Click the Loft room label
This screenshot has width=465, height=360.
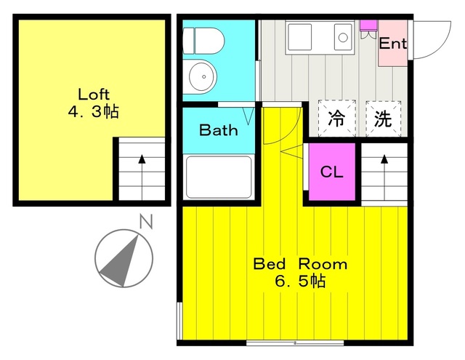pyautogui.click(x=94, y=94)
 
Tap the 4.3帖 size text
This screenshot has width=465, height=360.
pyautogui.click(x=94, y=111)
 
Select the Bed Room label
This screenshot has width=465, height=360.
pyautogui.click(x=300, y=264)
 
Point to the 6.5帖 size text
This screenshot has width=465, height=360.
pyautogui.click(x=300, y=281)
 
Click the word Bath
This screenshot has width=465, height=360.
pyautogui.click(x=219, y=130)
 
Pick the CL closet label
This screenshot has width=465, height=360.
pyautogui.click(x=332, y=172)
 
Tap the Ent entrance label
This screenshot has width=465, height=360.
pyautogui.click(x=392, y=44)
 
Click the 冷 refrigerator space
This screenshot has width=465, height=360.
pyautogui.click(x=337, y=119)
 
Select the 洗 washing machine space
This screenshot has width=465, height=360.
pyautogui.click(x=383, y=119)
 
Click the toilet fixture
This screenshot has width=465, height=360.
pyautogui.click(x=203, y=41)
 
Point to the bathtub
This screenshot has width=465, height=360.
pyautogui.click(x=219, y=177)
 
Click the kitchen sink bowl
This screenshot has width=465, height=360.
pyautogui.click(x=344, y=37)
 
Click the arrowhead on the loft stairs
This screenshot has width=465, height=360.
pyautogui.click(x=142, y=159)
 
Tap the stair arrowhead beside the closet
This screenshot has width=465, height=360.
pyautogui.click(x=384, y=159)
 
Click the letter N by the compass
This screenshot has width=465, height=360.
pyautogui.click(x=146, y=221)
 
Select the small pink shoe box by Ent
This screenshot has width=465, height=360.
pyautogui.click(x=368, y=25)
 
